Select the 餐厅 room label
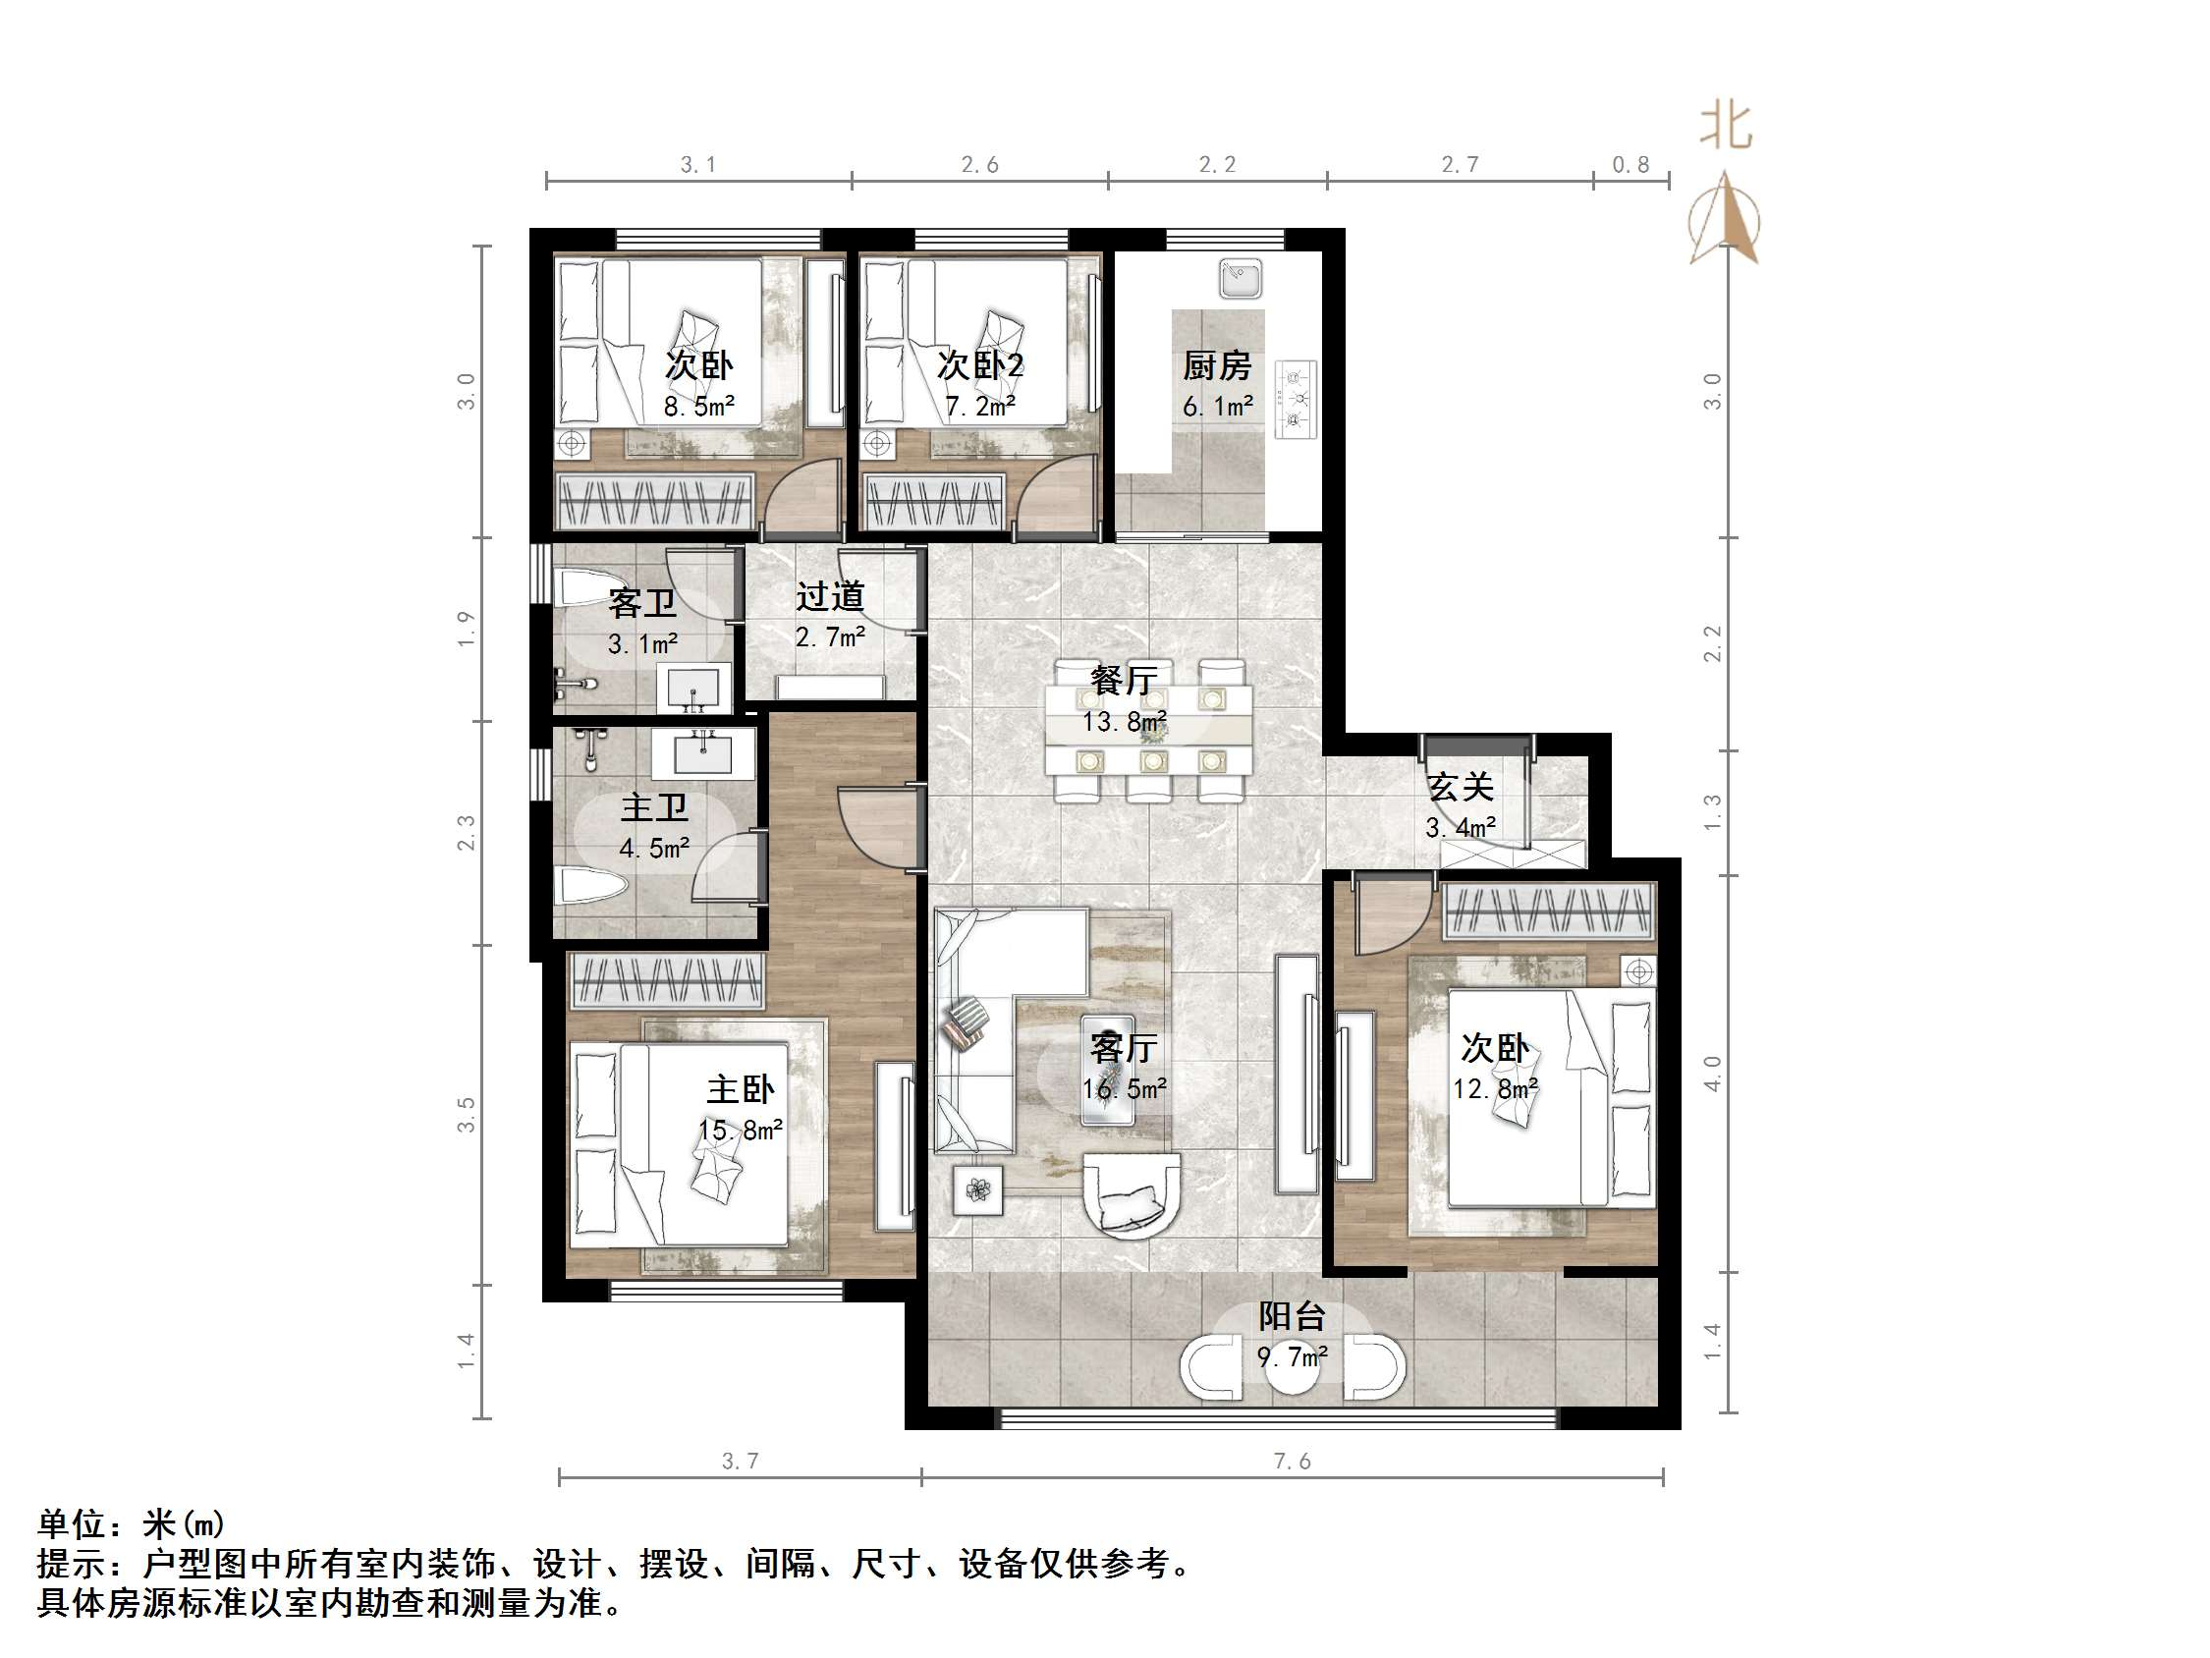pos(1124,681)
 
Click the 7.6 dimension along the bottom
pos(1292,1462)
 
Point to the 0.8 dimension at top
pos(1630,165)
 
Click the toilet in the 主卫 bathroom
pos(591,885)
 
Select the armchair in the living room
pos(1132,1196)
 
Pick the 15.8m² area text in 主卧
pos(741,1131)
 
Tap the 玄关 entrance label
pos(1460,788)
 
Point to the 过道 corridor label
pos(829,596)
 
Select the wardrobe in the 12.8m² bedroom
pos(1549,911)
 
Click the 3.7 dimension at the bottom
pos(741,1462)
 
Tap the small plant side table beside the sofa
pos(978,1189)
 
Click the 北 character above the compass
pos(1726,127)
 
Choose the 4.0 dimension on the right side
pos(1712,1073)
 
